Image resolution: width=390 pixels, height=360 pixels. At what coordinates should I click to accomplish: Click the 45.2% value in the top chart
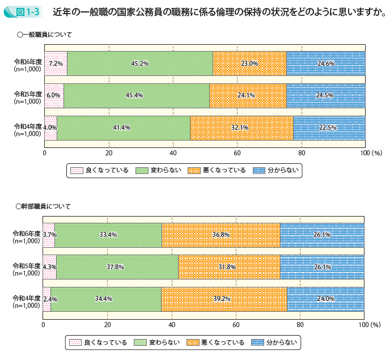coord(139,63)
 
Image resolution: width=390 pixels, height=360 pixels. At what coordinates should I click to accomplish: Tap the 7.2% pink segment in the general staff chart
coord(56,63)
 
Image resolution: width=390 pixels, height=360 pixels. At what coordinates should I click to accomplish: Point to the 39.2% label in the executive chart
coord(223,299)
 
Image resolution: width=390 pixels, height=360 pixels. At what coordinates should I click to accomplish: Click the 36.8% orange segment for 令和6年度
coord(221,235)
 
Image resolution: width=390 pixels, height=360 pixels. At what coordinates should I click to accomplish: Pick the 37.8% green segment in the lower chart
coord(117,266)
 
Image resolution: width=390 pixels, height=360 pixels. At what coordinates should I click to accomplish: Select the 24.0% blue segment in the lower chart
coord(325,299)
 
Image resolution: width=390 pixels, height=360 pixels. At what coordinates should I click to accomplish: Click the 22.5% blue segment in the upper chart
coord(329,128)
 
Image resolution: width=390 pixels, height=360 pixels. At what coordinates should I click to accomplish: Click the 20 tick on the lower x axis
coord(107,325)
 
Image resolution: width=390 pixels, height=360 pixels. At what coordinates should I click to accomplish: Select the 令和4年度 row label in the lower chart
coord(27,302)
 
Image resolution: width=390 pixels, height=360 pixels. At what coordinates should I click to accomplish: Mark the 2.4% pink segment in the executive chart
coord(47,299)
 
